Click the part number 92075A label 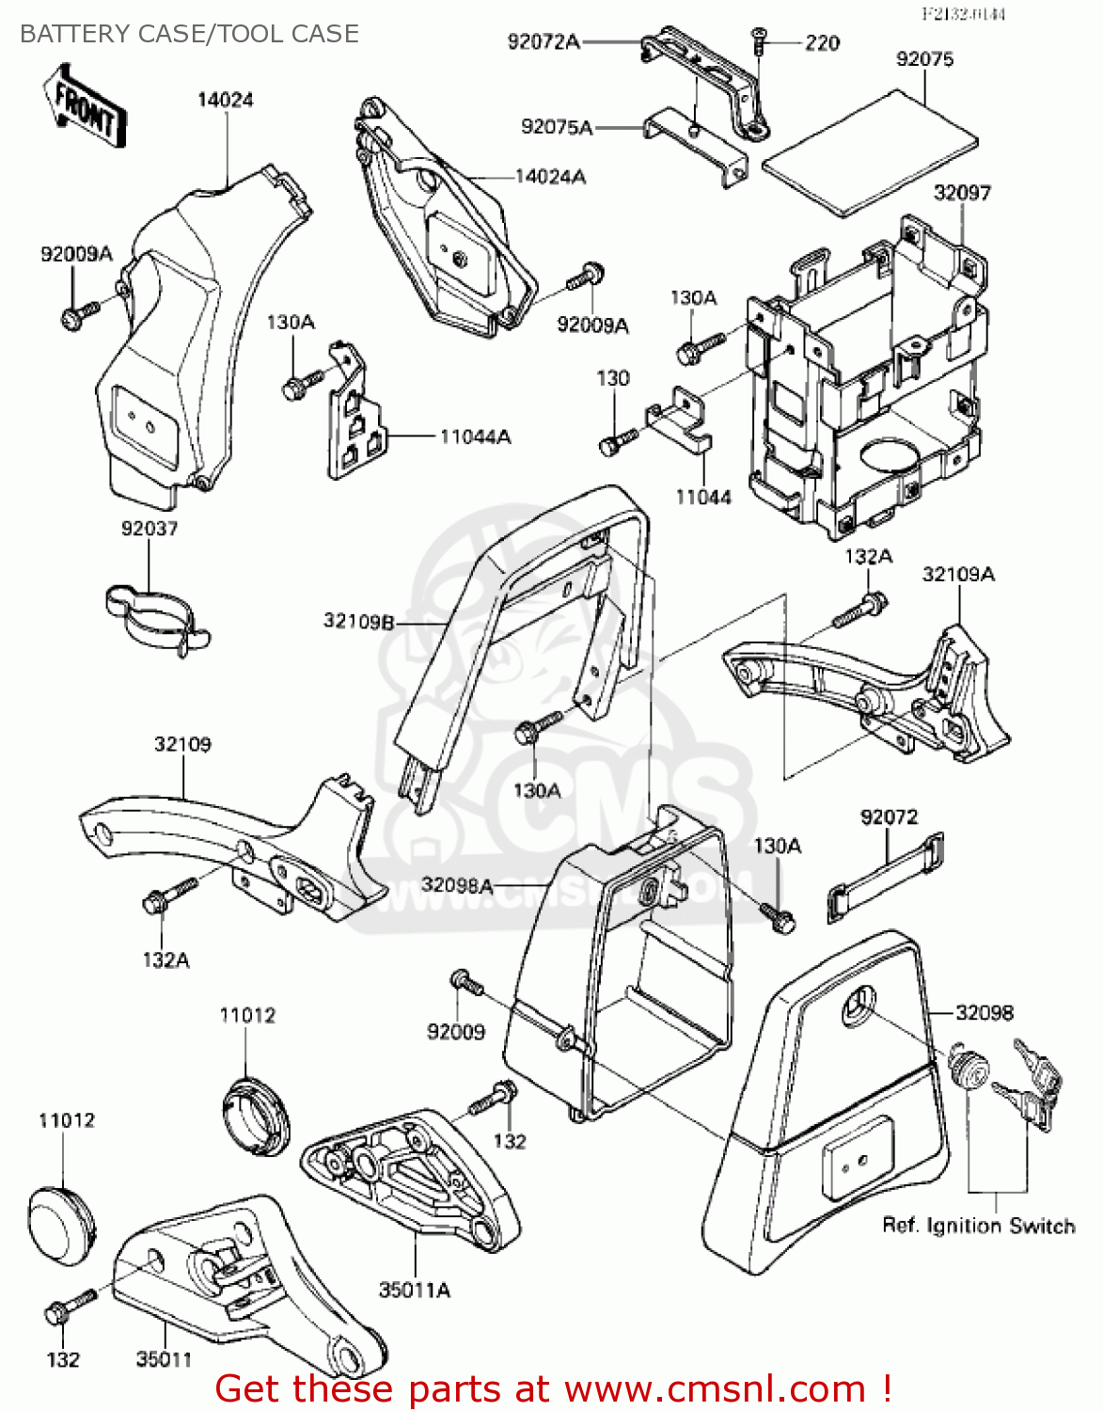pyautogui.click(x=557, y=127)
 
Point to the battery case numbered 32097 pyautogui.click(x=865, y=376)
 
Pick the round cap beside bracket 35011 pyautogui.click(x=62, y=1217)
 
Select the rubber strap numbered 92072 pyautogui.click(x=885, y=876)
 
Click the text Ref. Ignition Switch pyautogui.click(x=978, y=1226)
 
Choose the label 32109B pyautogui.click(x=358, y=621)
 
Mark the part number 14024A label pyautogui.click(x=550, y=177)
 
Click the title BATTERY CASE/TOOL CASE pyautogui.click(x=189, y=34)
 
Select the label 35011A pyautogui.click(x=414, y=1291)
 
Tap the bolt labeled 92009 pyautogui.click(x=465, y=983)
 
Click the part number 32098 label pyautogui.click(x=984, y=1013)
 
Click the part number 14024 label pyautogui.click(x=225, y=100)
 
